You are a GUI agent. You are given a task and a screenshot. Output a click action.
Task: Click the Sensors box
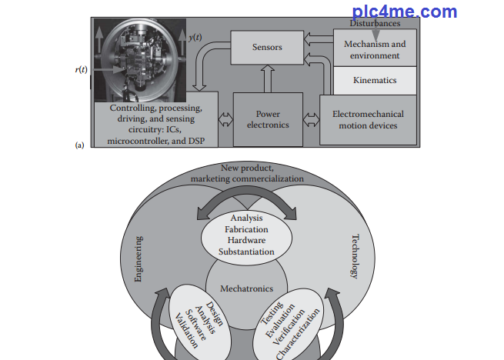(x=267, y=48)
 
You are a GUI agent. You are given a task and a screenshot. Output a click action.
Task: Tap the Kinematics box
(x=375, y=79)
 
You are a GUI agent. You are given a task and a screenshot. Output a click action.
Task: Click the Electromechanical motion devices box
(x=368, y=119)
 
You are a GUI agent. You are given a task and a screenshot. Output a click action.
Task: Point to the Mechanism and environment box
(x=375, y=48)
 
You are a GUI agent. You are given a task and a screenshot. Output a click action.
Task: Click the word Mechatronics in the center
(x=246, y=289)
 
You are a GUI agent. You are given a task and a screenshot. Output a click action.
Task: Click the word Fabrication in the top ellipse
(x=246, y=230)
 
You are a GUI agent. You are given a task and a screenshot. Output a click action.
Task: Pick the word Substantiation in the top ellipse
(x=246, y=252)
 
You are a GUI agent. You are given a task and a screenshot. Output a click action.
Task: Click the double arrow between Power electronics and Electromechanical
(x=311, y=119)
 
